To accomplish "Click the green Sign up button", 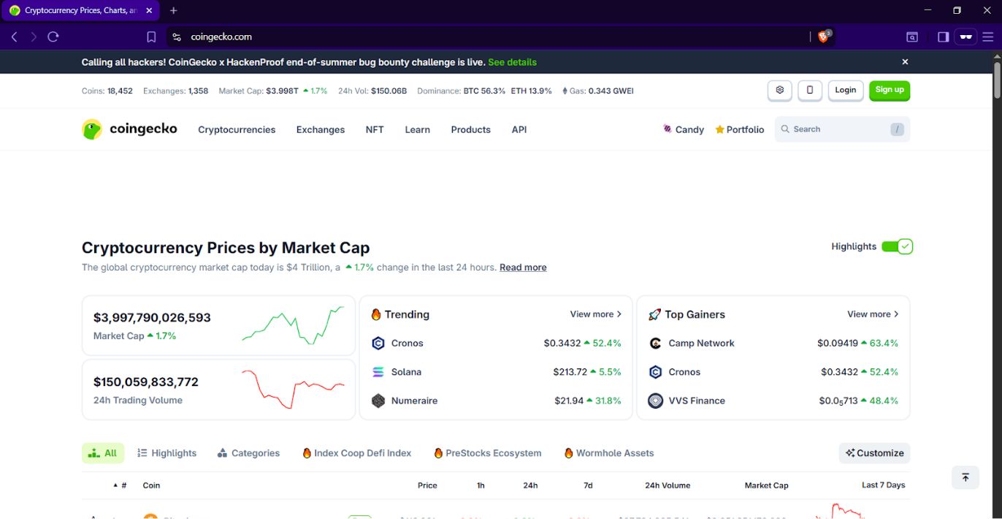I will (x=889, y=90).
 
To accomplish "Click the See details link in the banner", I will (x=512, y=62).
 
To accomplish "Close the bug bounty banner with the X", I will (x=905, y=62).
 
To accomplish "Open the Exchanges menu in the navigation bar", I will (x=320, y=129).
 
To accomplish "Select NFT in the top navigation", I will (x=375, y=129).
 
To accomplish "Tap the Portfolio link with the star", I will (x=740, y=129).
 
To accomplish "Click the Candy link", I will (x=684, y=129).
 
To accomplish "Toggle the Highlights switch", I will (x=897, y=246).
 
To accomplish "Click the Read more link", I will (x=523, y=268).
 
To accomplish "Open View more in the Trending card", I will (x=595, y=314).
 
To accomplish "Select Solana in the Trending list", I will (x=406, y=372).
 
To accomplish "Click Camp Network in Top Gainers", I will (x=701, y=343).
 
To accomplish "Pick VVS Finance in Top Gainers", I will (x=696, y=401).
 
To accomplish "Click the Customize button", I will (x=874, y=453).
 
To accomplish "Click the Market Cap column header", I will (x=766, y=485).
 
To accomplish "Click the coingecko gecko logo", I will (x=92, y=129).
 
